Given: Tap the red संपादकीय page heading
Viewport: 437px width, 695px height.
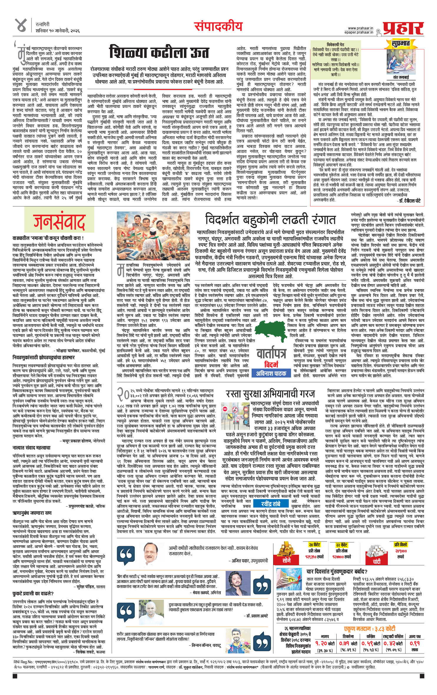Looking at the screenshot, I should click(218, 26).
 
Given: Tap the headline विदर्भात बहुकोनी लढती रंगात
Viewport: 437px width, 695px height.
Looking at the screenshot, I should click(270, 220).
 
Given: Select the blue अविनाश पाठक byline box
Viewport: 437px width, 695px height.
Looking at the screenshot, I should click(271, 373).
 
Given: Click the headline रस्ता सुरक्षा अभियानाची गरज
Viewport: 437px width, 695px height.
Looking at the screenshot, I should click(270, 394).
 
